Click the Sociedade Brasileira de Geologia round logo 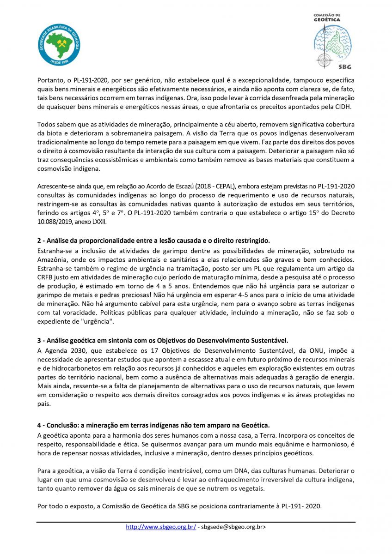(x=59, y=45)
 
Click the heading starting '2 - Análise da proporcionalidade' (x=153, y=241)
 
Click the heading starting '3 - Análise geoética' (x=162, y=341)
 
